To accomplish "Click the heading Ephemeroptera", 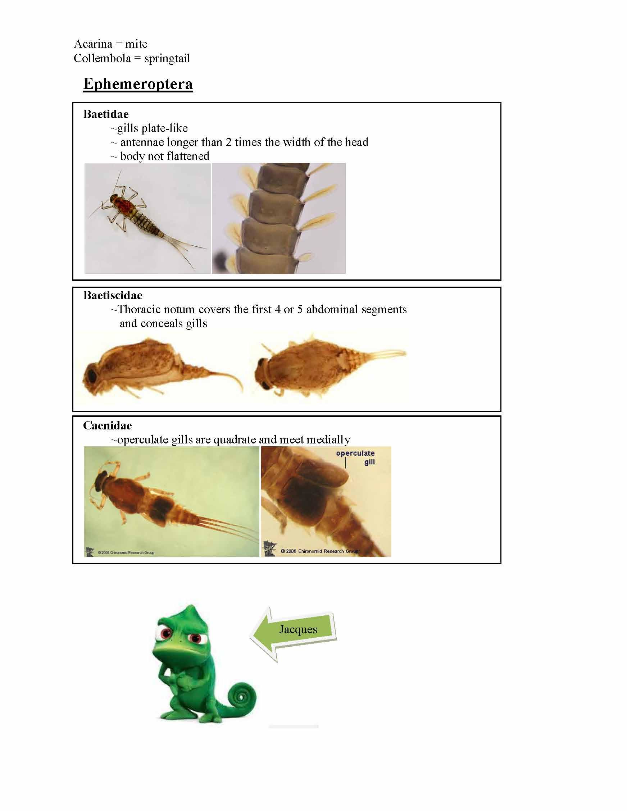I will click(x=138, y=83).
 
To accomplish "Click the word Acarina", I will click(x=93, y=44).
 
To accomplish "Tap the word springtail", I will click(x=167, y=59).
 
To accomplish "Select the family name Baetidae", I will click(x=106, y=114).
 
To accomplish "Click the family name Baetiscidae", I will click(x=113, y=295).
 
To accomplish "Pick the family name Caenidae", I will click(x=107, y=425).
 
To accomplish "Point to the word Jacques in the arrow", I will click(x=298, y=629).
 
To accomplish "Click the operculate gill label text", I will click(x=355, y=457).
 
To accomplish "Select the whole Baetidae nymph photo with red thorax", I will click(x=147, y=219).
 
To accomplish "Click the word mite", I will click(x=136, y=44).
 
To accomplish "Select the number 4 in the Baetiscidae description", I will click(x=277, y=309).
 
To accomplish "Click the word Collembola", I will click(x=102, y=59).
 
